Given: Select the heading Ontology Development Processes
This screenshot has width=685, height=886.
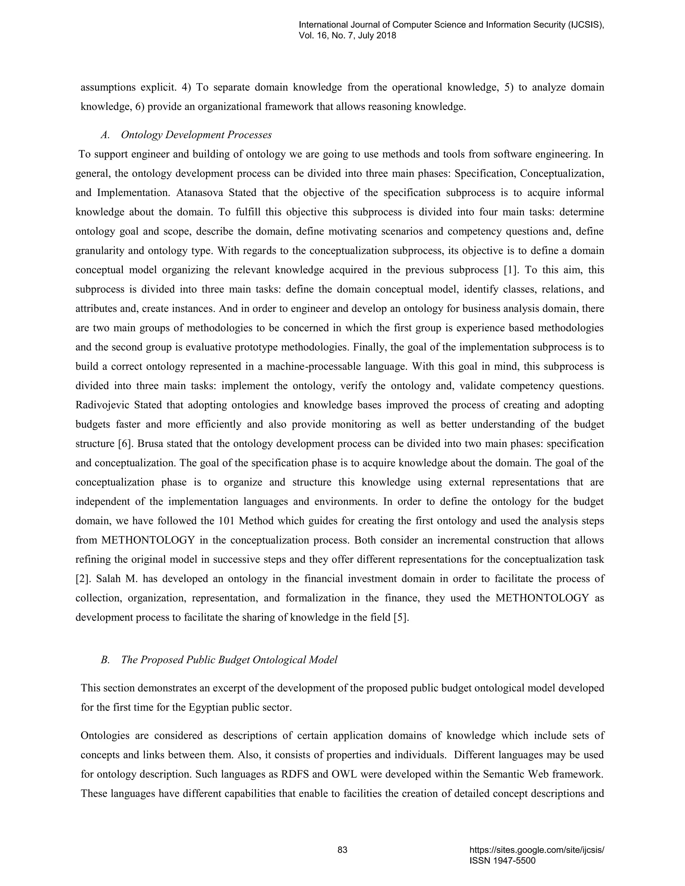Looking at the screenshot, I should [196, 135].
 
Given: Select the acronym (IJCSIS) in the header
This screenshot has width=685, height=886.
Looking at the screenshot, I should [584, 25].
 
